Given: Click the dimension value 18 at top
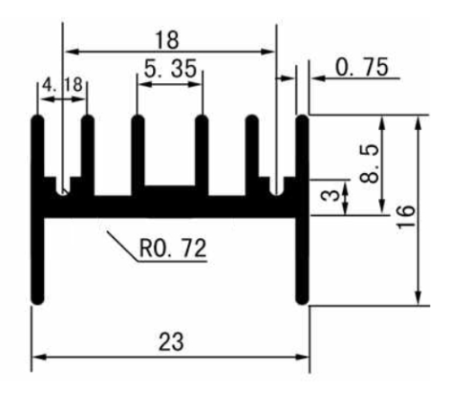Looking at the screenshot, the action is [x=167, y=40].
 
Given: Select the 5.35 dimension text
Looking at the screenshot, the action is [x=170, y=69].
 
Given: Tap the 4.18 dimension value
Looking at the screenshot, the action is [x=62, y=85].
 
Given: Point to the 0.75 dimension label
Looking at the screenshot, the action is [x=362, y=68].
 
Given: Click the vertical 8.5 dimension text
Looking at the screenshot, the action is [x=369, y=164].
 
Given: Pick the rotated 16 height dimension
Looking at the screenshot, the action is [x=406, y=217].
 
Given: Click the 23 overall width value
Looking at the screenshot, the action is [x=171, y=342].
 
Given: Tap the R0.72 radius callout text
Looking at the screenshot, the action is [x=173, y=248].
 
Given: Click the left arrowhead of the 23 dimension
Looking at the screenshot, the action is [x=39, y=357].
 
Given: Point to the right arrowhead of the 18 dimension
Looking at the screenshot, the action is [x=268, y=51].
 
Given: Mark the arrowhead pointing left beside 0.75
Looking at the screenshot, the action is [x=319, y=78].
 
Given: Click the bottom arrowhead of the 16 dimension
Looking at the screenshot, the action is [x=419, y=298].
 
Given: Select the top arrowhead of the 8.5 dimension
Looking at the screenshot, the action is [x=382, y=123].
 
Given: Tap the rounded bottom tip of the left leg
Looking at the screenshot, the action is [x=38, y=300].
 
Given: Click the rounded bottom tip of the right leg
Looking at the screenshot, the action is [x=302, y=300].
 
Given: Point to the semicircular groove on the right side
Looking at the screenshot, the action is [x=276, y=190].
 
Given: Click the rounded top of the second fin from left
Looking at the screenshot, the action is [x=87, y=119].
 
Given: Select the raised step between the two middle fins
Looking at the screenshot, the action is [x=170, y=190].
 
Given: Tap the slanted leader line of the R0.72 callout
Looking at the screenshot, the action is [x=122, y=246].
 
